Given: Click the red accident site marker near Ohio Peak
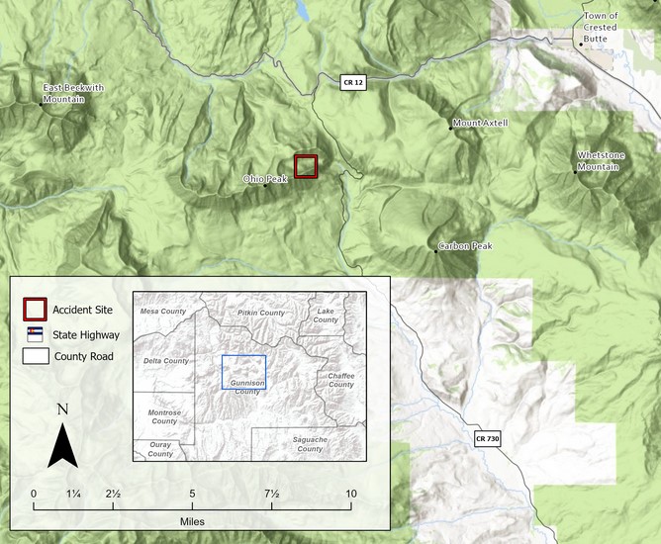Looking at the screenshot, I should [x=307, y=166].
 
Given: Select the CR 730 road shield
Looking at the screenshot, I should [x=487, y=438].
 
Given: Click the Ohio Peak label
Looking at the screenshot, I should [x=264, y=179].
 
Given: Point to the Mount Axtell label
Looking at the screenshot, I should [x=480, y=124].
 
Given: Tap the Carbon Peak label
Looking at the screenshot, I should [x=466, y=245].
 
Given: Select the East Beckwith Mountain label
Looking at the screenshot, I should [x=73, y=93].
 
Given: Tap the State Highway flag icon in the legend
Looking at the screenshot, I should [x=35, y=334].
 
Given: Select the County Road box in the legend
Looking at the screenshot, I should [x=35, y=357].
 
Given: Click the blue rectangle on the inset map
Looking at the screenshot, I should [x=243, y=372].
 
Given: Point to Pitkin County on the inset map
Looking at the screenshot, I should [x=261, y=313].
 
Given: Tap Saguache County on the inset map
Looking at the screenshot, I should [x=310, y=443].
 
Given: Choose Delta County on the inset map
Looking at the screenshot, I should [x=166, y=361].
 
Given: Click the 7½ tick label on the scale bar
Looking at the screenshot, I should [x=271, y=494].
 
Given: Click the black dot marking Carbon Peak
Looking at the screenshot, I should [x=435, y=250].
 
